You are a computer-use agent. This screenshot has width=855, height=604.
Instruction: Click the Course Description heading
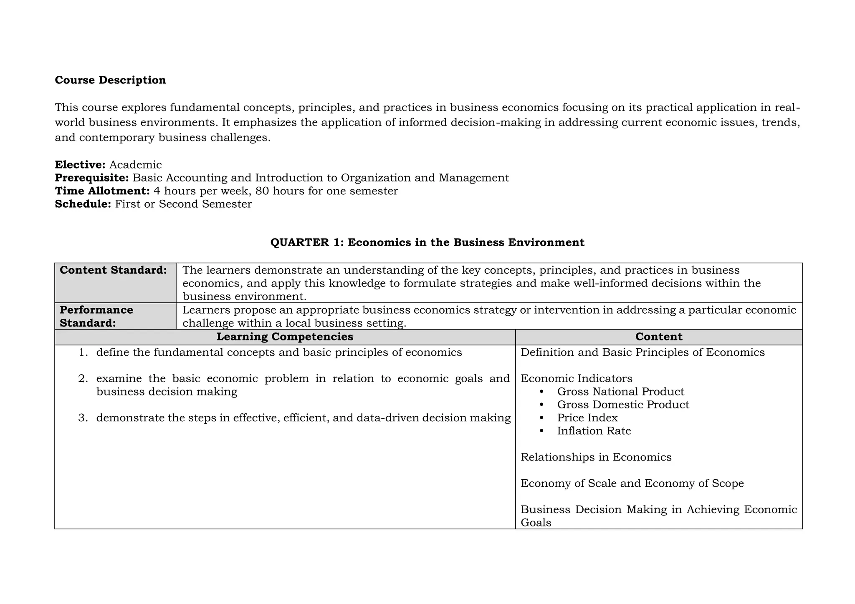point(110,80)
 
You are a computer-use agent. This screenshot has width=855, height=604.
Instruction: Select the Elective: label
point(80,165)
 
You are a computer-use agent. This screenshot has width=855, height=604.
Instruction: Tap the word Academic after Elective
point(135,165)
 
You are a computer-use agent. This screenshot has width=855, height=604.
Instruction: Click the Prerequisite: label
point(92,178)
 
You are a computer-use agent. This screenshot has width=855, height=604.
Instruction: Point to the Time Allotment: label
point(102,191)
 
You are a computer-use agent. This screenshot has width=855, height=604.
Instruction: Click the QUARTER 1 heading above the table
point(427,242)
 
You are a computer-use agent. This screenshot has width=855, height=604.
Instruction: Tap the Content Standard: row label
point(113,270)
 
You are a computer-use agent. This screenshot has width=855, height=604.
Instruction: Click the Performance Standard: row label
point(96,316)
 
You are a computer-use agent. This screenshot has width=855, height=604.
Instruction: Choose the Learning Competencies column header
point(285,337)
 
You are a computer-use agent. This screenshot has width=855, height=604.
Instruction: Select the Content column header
point(658,337)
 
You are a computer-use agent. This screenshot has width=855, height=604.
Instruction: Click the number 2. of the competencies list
point(83,379)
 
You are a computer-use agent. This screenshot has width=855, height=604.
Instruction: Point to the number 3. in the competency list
point(83,418)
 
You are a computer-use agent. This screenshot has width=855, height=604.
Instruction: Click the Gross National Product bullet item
point(620,392)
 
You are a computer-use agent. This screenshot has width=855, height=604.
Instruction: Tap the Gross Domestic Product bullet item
point(623,405)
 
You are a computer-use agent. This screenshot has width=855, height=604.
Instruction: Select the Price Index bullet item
point(587,418)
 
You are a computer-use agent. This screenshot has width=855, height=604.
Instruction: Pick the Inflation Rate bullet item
point(594,431)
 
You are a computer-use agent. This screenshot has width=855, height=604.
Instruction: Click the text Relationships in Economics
point(596,457)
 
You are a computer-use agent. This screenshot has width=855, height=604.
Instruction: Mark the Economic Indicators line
point(576,379)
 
